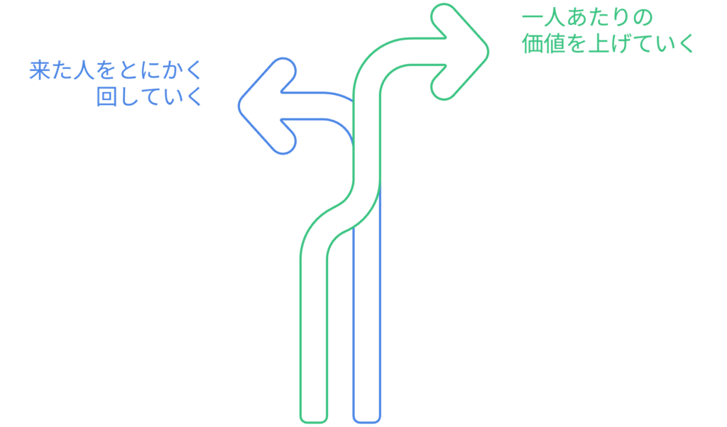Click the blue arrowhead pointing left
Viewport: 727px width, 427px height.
point(267,106)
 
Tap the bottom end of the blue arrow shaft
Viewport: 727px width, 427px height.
point(367,421)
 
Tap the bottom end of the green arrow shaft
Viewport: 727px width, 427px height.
point(314,421)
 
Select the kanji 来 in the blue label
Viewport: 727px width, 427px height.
point(40,70)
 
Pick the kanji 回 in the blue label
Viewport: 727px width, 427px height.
point(106,96)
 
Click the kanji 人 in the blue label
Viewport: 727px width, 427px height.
point(84,70)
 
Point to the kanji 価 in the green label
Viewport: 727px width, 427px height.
point(532,44)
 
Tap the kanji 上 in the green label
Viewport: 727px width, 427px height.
point(597,44)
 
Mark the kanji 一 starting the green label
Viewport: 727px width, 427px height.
point(532,18)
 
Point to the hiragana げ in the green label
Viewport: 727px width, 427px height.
point(619,44)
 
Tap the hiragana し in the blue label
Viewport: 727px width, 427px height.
point(129,96)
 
